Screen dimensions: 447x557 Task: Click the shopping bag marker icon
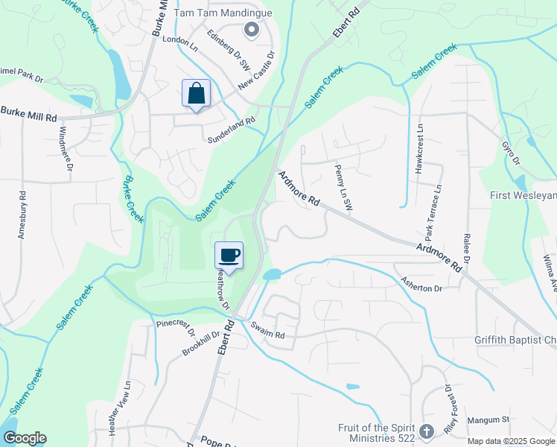(x=197, y=94)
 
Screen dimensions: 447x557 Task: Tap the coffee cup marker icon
(x=229, y=256)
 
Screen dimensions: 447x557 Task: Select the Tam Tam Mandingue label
(x=223, y=13)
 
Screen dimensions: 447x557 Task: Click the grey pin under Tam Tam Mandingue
(x=251, y=30)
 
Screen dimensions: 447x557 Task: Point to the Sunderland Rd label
(x=231, y=127)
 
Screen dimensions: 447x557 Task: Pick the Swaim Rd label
(x=268, y=331)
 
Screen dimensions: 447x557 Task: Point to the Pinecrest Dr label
(x=175, y=326)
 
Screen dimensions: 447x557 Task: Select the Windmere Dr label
(x=65, y=150)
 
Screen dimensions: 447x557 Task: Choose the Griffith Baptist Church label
(x=515, y=340)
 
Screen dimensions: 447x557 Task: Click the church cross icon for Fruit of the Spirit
(x=426, y=431)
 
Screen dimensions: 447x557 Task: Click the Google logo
(x=24, y=438)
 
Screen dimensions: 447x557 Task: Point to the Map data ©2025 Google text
(x=511, y=441)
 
